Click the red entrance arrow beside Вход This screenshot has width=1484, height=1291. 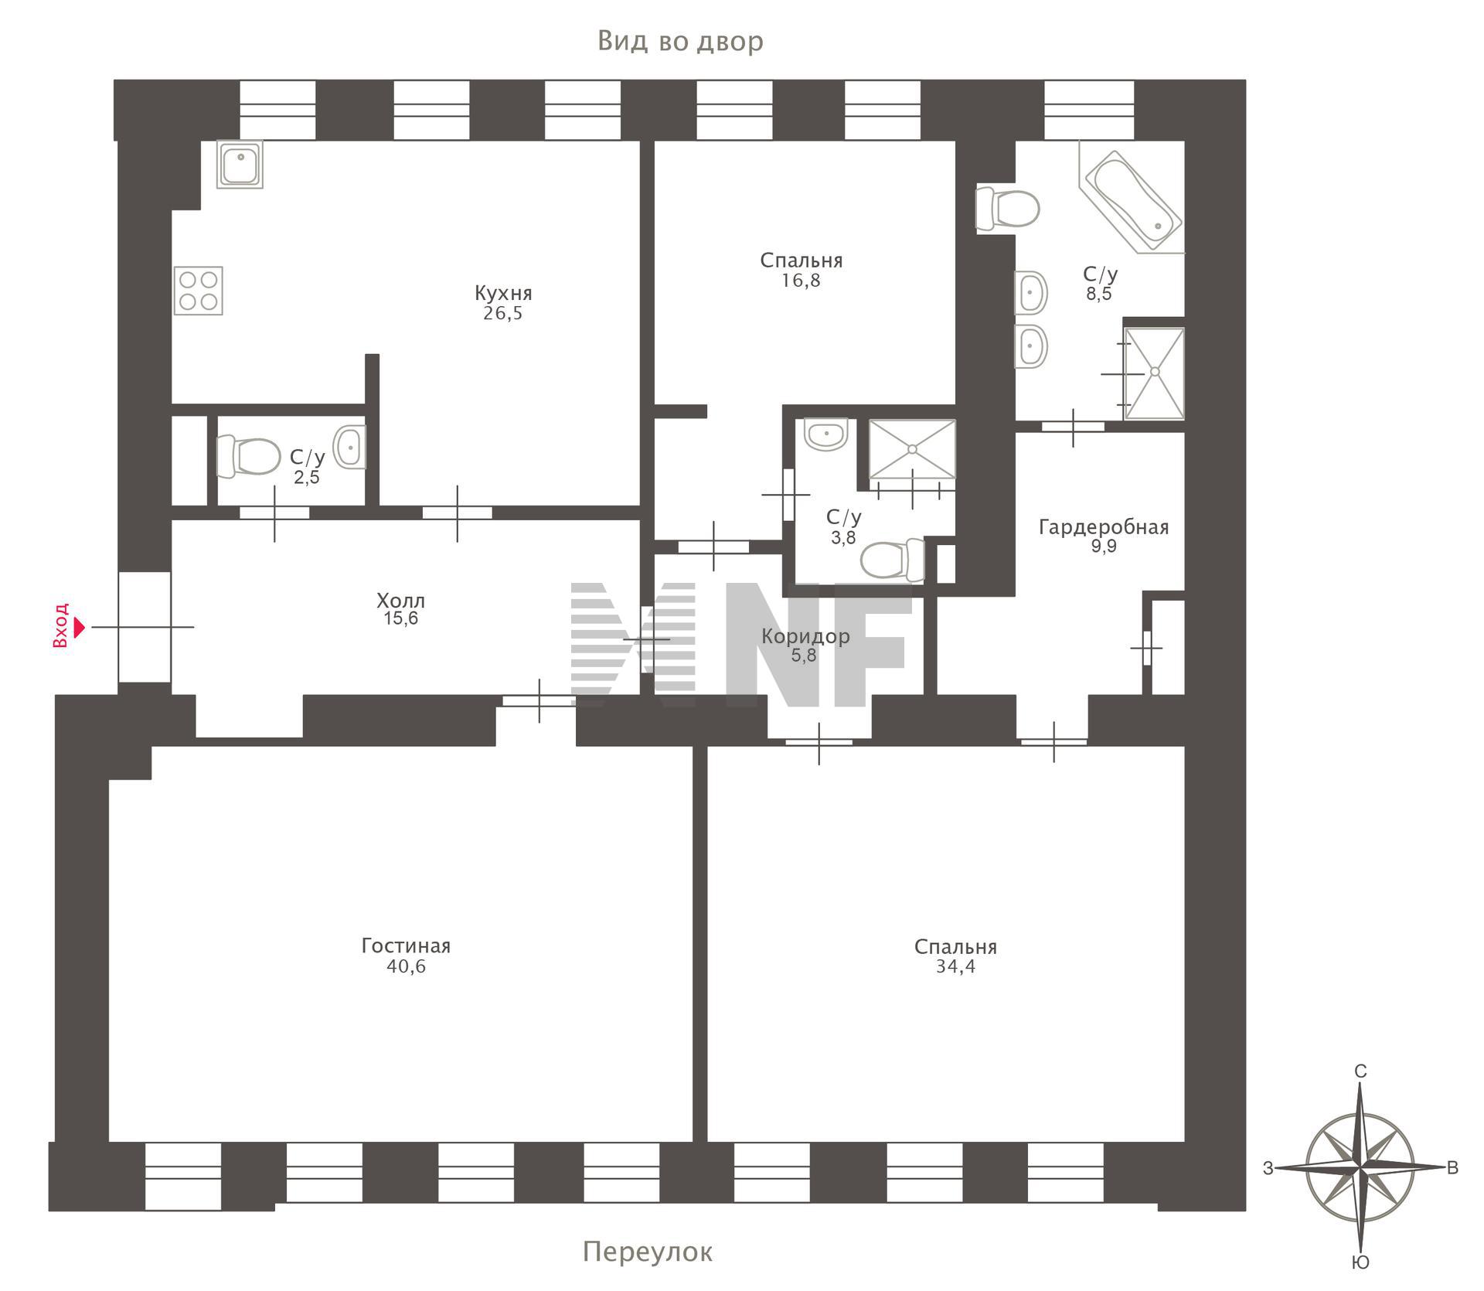tap(80, 626)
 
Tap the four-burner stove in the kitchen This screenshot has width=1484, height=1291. tap(199, 291)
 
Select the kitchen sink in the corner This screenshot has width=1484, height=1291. tap(240, 164)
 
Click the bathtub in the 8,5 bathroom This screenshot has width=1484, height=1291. tap(1132, 199)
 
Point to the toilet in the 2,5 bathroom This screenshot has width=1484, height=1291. tap(248, 456)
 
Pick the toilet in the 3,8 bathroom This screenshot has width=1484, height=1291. tap(893, 560)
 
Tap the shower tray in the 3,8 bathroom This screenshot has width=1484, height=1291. tap(912, 449)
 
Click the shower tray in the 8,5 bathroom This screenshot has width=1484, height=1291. tap(1154, 373)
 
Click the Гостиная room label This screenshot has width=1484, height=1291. tap(406, 945)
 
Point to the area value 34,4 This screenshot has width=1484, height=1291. tap(955, 966)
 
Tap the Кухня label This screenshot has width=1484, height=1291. tap(503, 293)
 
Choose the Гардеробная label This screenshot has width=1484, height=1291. tap(1104, 527)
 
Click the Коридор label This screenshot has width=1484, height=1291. tap(805, 636)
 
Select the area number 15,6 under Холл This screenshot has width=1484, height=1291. tap(400, 618)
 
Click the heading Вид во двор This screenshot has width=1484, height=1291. tap(681, 41)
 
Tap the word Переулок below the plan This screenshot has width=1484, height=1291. tap(648, 1251)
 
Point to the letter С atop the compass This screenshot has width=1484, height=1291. tap(1360, 1071)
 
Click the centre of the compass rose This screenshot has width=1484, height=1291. tap(1360, 1167)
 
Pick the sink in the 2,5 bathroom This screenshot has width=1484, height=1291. tap(349, 447)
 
